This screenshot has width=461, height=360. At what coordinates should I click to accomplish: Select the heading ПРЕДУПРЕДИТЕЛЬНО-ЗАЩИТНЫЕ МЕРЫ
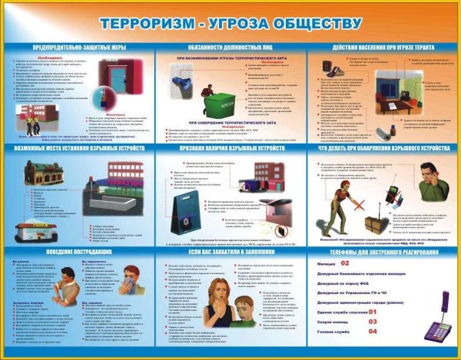click(x=78, y=48)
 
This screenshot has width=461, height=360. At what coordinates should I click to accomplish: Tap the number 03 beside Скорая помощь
click(x=373, y=322)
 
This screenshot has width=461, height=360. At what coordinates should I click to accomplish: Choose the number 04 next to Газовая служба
click(x=373, y=332)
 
